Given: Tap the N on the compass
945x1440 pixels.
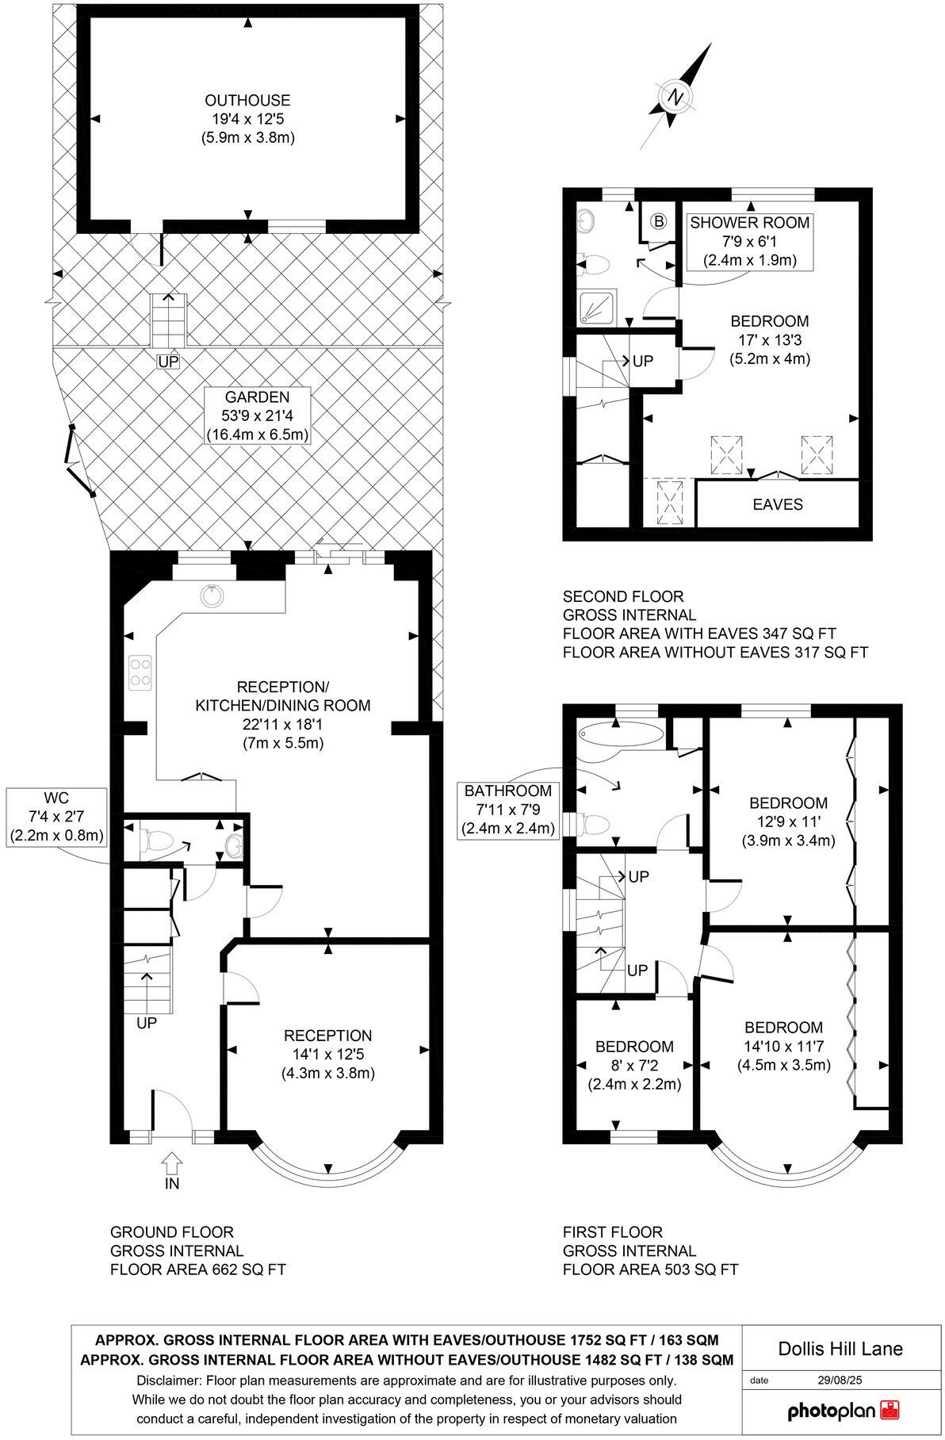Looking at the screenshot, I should pyautogui.click(x=675, y=98).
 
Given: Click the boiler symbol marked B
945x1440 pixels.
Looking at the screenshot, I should pyautogui.click(x=658, y=222).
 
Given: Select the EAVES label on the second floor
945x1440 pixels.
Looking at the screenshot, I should pyautogui.click(x=777, y=504).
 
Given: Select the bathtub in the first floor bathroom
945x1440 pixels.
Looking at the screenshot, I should pyautogui.click(x=620, y=734).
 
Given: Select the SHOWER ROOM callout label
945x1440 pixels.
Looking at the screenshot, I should pyautogui.click(x=749, y=241).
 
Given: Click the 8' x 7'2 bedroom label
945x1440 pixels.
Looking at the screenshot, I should pyautogui.click(x=634, y=1065).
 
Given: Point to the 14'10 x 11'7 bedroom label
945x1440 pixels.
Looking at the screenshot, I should pyautogui.click(x=783, y=1046).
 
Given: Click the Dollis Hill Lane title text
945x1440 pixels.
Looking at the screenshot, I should pyautogui.click(x=841, y=1348).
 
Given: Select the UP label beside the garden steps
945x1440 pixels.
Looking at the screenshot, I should pyautogui.click(x=168, y=362).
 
